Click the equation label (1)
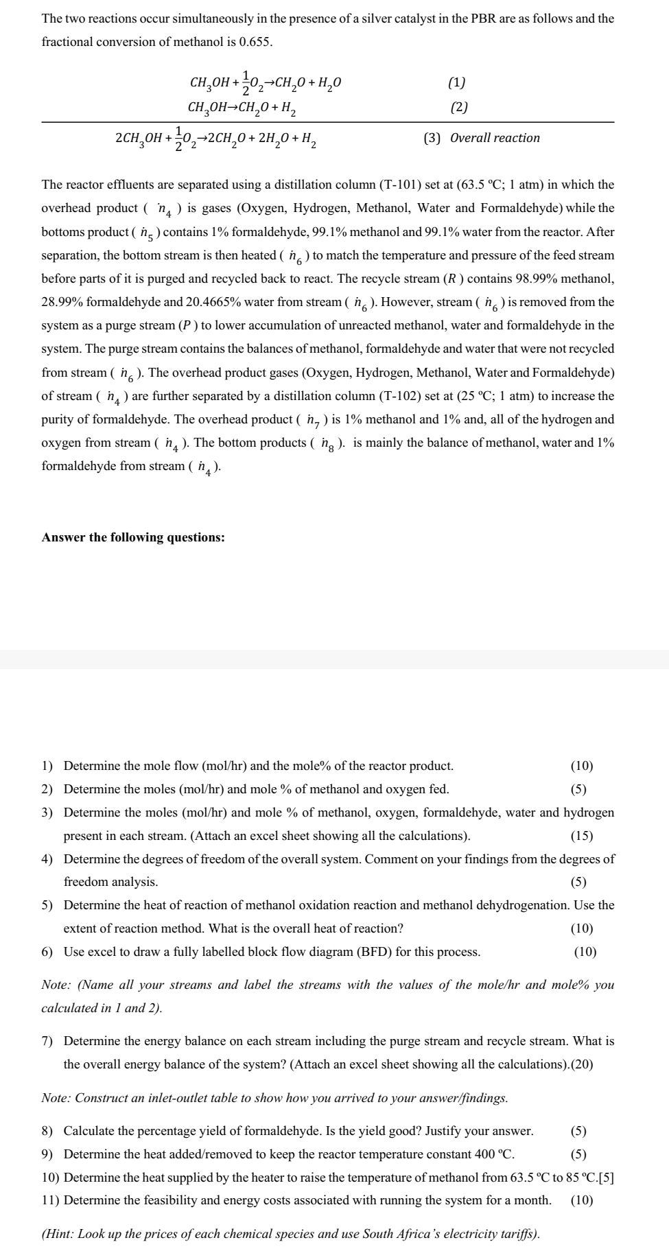457,83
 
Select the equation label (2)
459,107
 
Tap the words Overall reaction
495,138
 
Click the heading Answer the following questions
133,537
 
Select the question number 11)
51,1200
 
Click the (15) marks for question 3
582,836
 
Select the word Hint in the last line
60,1234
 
